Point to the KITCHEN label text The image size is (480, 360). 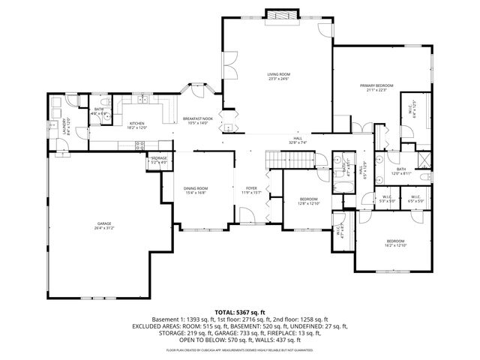136,125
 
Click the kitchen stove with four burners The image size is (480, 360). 141,146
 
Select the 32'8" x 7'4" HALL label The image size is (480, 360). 298,140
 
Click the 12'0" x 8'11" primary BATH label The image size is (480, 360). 401,171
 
